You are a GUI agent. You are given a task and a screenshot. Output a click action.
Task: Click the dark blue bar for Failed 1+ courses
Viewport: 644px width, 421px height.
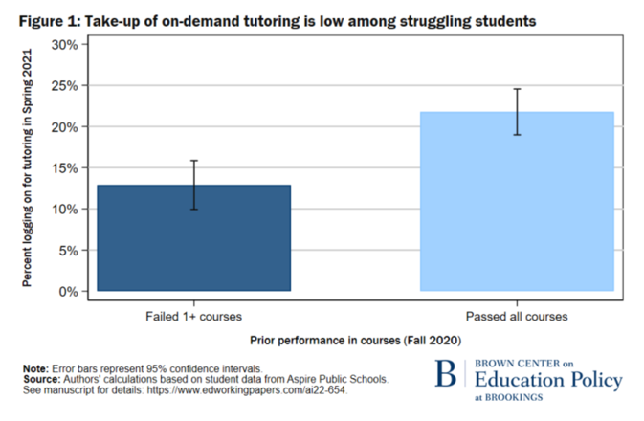tap(193, 239)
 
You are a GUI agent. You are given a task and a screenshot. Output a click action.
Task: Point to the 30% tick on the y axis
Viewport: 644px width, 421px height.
tap(71, 45)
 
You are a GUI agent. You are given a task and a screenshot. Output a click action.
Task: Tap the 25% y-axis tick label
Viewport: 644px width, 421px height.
tap(71, 86)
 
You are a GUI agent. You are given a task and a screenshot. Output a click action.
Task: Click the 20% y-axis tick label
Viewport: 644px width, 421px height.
tap(71, 127)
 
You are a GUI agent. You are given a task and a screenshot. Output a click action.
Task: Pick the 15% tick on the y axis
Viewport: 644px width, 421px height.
tap(71, 168)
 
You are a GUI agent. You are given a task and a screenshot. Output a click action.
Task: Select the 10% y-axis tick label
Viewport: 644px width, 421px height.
tap(71, 210)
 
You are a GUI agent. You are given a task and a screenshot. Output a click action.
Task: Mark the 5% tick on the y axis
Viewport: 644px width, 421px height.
tap(74, 251)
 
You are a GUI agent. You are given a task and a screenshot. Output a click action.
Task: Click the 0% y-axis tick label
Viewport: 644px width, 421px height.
tap(74, 291)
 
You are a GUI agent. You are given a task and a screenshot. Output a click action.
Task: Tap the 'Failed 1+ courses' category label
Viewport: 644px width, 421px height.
tap(193, 315)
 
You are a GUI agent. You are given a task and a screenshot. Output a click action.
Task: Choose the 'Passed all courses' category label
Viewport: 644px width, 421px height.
tap(517, 315)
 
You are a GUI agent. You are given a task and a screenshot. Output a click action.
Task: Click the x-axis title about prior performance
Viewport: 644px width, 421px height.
tap(356, 340)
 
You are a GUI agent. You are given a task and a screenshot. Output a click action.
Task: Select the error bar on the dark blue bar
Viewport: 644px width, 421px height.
tap(193, 185)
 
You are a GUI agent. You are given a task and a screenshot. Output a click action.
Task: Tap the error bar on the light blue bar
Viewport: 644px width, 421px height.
tap(517, 112)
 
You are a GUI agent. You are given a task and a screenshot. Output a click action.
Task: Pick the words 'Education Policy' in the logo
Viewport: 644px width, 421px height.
tap(548, 380)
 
